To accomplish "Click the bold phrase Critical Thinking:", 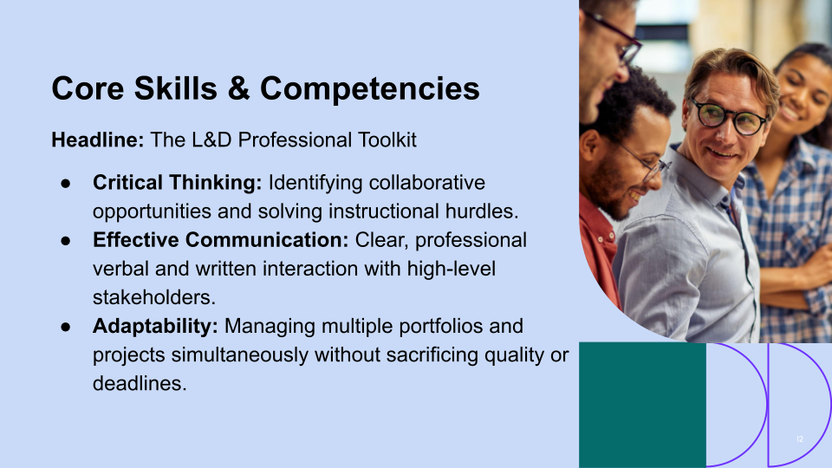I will click(x=177, y=183).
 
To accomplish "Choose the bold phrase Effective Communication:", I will click(x=220, y=240).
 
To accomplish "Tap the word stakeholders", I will click(x=153, y=297).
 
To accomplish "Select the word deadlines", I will click(x=139, y=383).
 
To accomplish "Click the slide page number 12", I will click(x=800, y=439).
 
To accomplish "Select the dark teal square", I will click(x=642, y=405).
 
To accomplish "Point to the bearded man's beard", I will click(x=614, y=185).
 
